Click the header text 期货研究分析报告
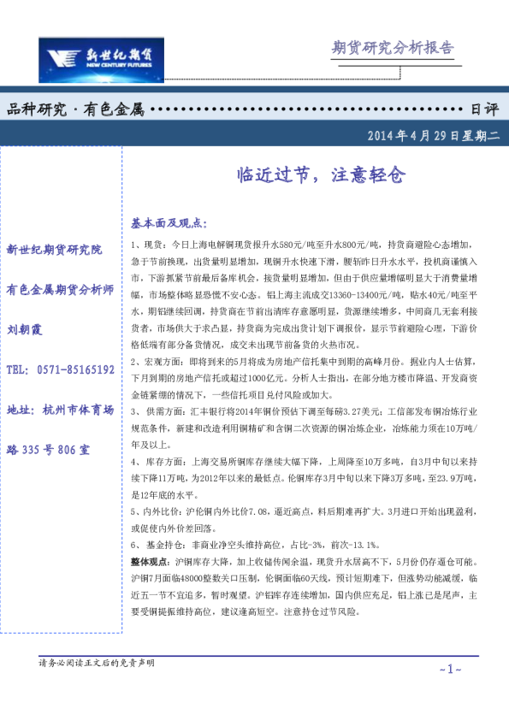pos(392,48)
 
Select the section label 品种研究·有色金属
pos(74,109)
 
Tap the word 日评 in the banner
pos(484,109)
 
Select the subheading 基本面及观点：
pos(169,223)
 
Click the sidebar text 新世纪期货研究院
pos(53,250)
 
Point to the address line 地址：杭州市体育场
pos(60,410)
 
